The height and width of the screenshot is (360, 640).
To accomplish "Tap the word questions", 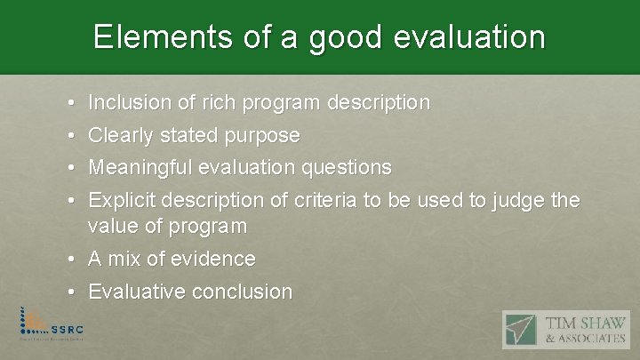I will [x=347, y=168].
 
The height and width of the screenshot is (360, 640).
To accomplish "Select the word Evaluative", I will [x=133, y=292].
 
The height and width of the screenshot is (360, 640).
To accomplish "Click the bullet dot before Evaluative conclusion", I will [x=70, y=292].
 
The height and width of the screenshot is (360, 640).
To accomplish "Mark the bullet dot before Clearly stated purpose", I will [x=70, y=137].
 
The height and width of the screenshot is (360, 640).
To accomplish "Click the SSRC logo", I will [x=54, y=324].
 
